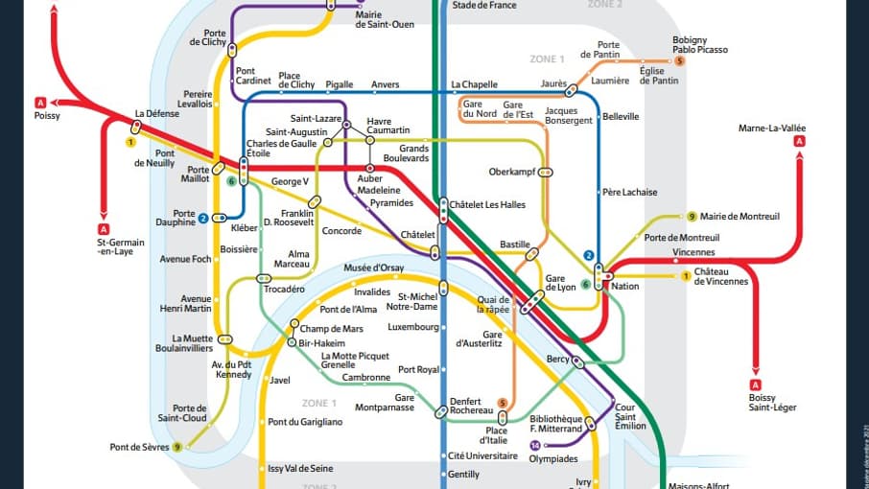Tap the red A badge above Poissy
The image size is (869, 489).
(x=40, y=102)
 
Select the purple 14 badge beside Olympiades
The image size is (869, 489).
(x=535, y=445)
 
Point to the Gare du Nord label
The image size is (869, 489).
(x=480, y=109)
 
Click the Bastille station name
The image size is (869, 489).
(x=515, y=244)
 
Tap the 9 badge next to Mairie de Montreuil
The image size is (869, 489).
(x=691, y=217)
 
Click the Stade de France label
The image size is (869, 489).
(x=483, y=6)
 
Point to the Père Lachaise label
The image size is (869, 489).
(x=630, y=192)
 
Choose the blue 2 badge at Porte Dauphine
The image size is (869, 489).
(x=203, y=219)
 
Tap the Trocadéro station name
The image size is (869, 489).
(x=284, y=289)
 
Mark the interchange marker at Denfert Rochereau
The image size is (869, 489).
(x=441, y=411)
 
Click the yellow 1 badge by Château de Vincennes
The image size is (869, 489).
(x=686, y=276)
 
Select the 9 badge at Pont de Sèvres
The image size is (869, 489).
(x=177, y=447)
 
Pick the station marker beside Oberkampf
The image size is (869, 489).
(x=546, y=173)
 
